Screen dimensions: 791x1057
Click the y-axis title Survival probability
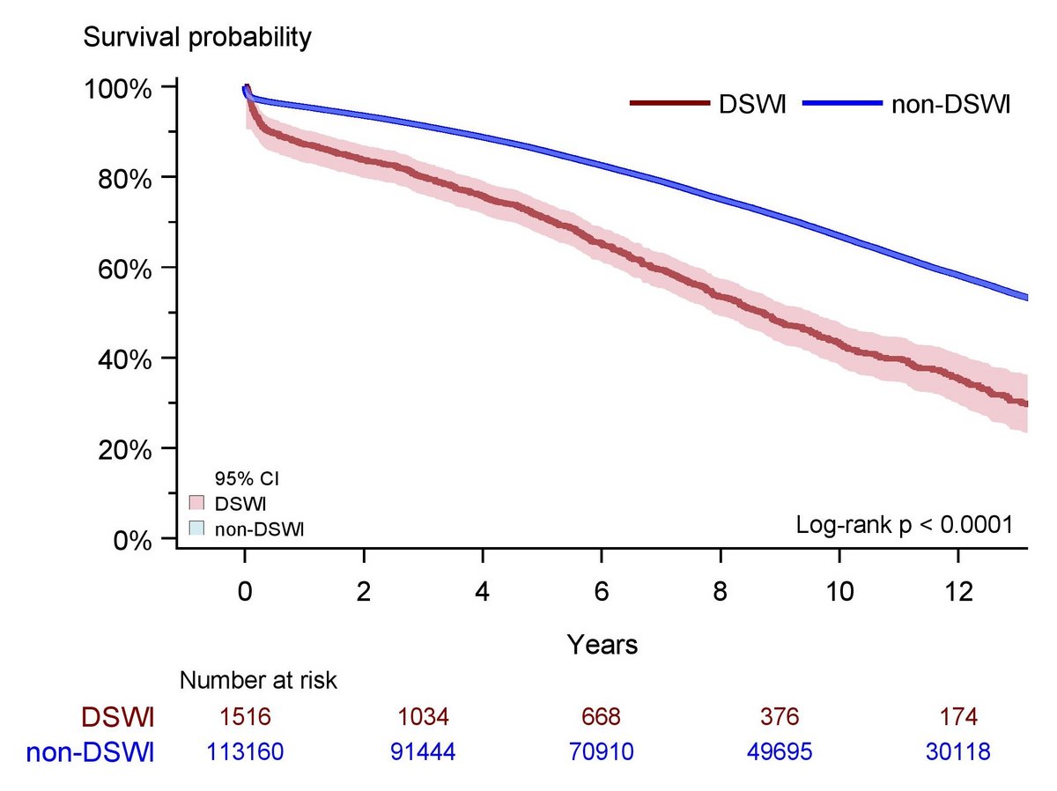[196, 38]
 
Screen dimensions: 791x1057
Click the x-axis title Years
[602, 645]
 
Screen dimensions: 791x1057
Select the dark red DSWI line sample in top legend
[669, 104]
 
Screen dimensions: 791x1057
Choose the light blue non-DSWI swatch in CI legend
[196, 528]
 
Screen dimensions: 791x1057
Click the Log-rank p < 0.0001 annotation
[905, 525]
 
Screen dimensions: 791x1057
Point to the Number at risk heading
[259, 680]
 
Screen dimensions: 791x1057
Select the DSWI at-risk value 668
[602, 718]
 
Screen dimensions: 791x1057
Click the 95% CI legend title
[248, 480]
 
